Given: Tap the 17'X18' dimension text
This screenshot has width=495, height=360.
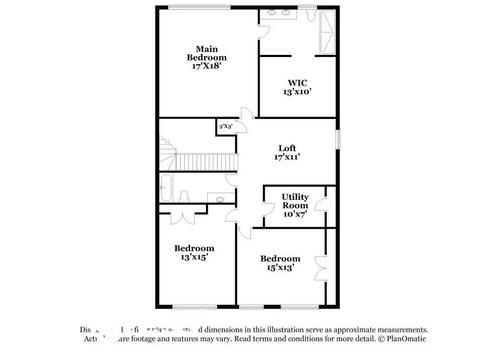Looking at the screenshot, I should (x=206, y=66).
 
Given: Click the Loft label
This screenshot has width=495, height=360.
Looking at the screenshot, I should (x=287, y=148).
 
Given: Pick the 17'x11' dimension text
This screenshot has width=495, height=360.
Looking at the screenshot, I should (x=287, y=157).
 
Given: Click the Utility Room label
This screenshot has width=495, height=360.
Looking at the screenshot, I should (x=295, y=201).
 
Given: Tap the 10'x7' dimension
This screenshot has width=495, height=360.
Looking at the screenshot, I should (x=295, y=214).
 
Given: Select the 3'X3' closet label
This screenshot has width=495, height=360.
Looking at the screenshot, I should (x=226, y=127).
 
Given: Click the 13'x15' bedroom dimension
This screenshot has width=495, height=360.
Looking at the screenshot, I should (x=194, y=257).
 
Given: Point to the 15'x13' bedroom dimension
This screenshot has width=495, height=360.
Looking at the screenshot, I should (x=280, y=267).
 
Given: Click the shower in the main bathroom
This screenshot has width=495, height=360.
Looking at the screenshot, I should (x=328, y=32).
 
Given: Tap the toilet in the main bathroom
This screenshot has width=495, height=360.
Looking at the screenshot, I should (x=311, y=15).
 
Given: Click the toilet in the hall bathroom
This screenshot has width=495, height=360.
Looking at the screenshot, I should (x=184, y=197).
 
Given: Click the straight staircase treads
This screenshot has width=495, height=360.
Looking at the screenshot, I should (x=207, y=161).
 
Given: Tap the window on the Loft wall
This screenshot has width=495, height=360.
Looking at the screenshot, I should (x=339, y=139).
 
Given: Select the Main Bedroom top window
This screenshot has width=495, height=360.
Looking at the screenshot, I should (x=199, y=6).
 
